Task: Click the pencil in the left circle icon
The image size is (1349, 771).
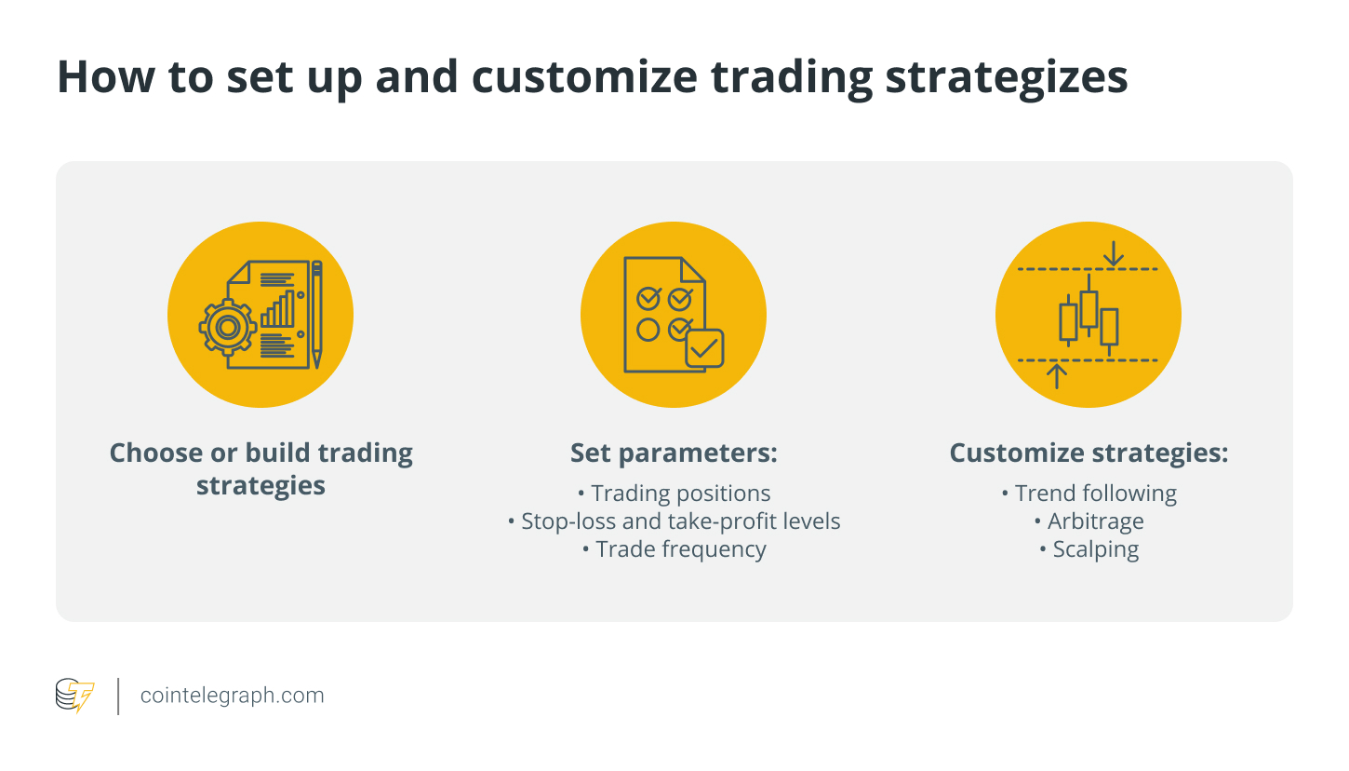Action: coord(316,314)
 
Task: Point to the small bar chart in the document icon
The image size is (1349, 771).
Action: coord(277,309)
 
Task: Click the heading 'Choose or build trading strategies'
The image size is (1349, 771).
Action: coord(260,469)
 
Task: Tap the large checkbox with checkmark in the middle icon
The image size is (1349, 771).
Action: coord(703,348)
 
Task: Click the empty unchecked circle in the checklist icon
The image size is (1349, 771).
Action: coord(648,329)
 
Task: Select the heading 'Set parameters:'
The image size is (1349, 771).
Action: coord(674,453)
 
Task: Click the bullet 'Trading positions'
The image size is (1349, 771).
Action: coord(674,494)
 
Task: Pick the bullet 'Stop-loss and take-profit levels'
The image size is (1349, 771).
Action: coord(674,521)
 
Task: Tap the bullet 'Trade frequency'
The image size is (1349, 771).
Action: coord(674,549)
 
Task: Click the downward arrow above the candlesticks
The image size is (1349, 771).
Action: coord(1112,252)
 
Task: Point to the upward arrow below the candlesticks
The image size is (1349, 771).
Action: coord(1056,375)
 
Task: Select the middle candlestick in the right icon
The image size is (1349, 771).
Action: coord(1089,308)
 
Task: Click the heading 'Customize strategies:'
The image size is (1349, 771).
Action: coord(1089,453)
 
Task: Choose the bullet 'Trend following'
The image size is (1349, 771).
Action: coord(1089,494)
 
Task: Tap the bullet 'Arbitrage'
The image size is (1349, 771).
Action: coord(1089,521)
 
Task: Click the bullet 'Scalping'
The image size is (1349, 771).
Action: coord(1089,549)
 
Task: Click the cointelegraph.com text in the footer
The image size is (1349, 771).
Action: coord(232,696)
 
